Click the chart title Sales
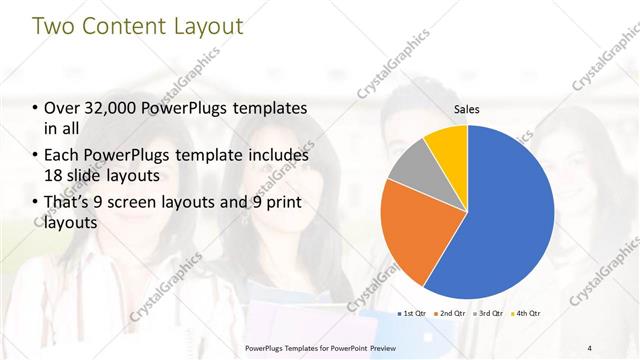click(467, 109)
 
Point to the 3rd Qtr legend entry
click(489, 314)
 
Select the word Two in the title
click(53, 27)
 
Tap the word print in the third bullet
click(282, 202)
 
